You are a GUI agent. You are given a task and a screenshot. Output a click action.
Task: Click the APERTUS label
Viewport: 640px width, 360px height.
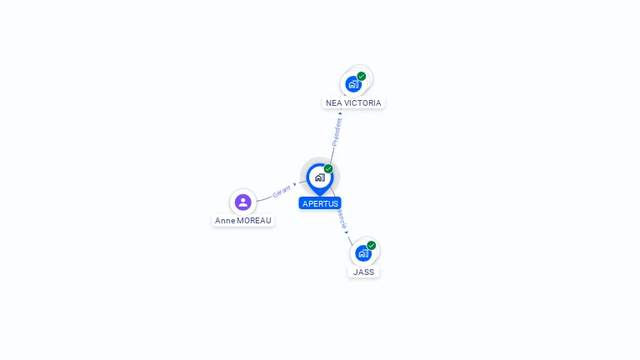click(320, 203)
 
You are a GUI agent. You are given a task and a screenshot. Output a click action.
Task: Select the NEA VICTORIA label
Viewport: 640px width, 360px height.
click(353, 103)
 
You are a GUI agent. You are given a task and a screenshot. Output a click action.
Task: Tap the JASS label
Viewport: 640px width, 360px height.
click(363, 272)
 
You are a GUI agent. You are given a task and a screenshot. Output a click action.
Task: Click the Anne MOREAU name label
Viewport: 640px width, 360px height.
click(242, 221)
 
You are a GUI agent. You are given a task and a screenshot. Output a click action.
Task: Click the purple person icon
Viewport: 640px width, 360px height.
click(242, 202)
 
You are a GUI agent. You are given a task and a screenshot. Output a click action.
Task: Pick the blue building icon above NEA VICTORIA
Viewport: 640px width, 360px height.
click(353, 84)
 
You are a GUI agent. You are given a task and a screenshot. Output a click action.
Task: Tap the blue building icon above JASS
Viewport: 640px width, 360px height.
click(362, 252)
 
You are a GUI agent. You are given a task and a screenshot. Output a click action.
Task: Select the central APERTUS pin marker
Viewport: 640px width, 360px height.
click(319, 177)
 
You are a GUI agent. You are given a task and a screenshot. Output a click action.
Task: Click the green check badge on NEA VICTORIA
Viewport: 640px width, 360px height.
click(362, 76)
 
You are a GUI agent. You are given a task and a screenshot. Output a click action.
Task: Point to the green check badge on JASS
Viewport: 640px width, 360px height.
click(372, 245)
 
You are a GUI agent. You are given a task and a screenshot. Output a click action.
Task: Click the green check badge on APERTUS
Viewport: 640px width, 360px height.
click(328, 168)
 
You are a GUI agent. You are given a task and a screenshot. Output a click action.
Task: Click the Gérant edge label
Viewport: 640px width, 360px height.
click(281, 191)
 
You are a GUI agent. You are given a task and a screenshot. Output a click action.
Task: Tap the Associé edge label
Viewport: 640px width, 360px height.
click(341, 219)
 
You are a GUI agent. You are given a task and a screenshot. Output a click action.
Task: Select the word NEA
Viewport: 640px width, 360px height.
click(333, 103)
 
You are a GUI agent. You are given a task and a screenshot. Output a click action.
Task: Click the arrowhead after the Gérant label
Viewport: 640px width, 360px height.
click(294, 184)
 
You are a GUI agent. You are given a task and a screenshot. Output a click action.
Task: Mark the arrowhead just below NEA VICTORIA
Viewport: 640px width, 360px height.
click(340, 113)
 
